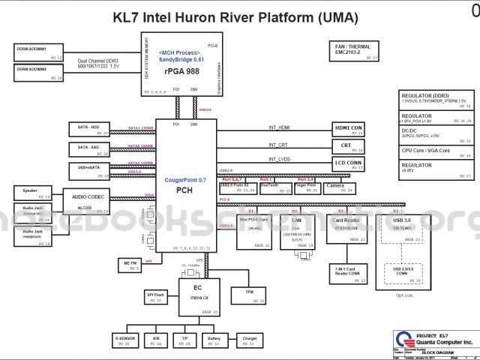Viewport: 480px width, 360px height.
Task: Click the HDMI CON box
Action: (347, 130)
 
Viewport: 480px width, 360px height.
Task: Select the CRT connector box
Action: (347, 147)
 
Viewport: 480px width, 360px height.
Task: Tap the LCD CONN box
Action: (347, 164)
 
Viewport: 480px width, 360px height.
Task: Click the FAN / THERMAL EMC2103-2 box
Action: (357, 50)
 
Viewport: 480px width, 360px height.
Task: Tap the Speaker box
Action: (32, 193)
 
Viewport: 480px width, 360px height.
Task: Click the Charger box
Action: (250, 340)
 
